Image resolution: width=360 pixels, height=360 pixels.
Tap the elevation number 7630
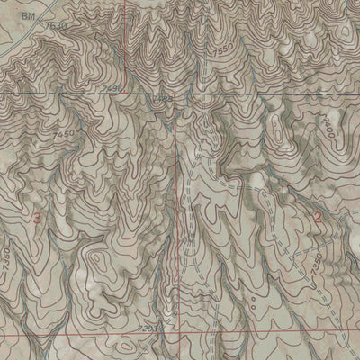(57, 26)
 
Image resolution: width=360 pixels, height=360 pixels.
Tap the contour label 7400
(329, 130)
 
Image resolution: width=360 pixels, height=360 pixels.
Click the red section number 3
(37, 219)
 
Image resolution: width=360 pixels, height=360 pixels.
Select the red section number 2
(318, 216)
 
